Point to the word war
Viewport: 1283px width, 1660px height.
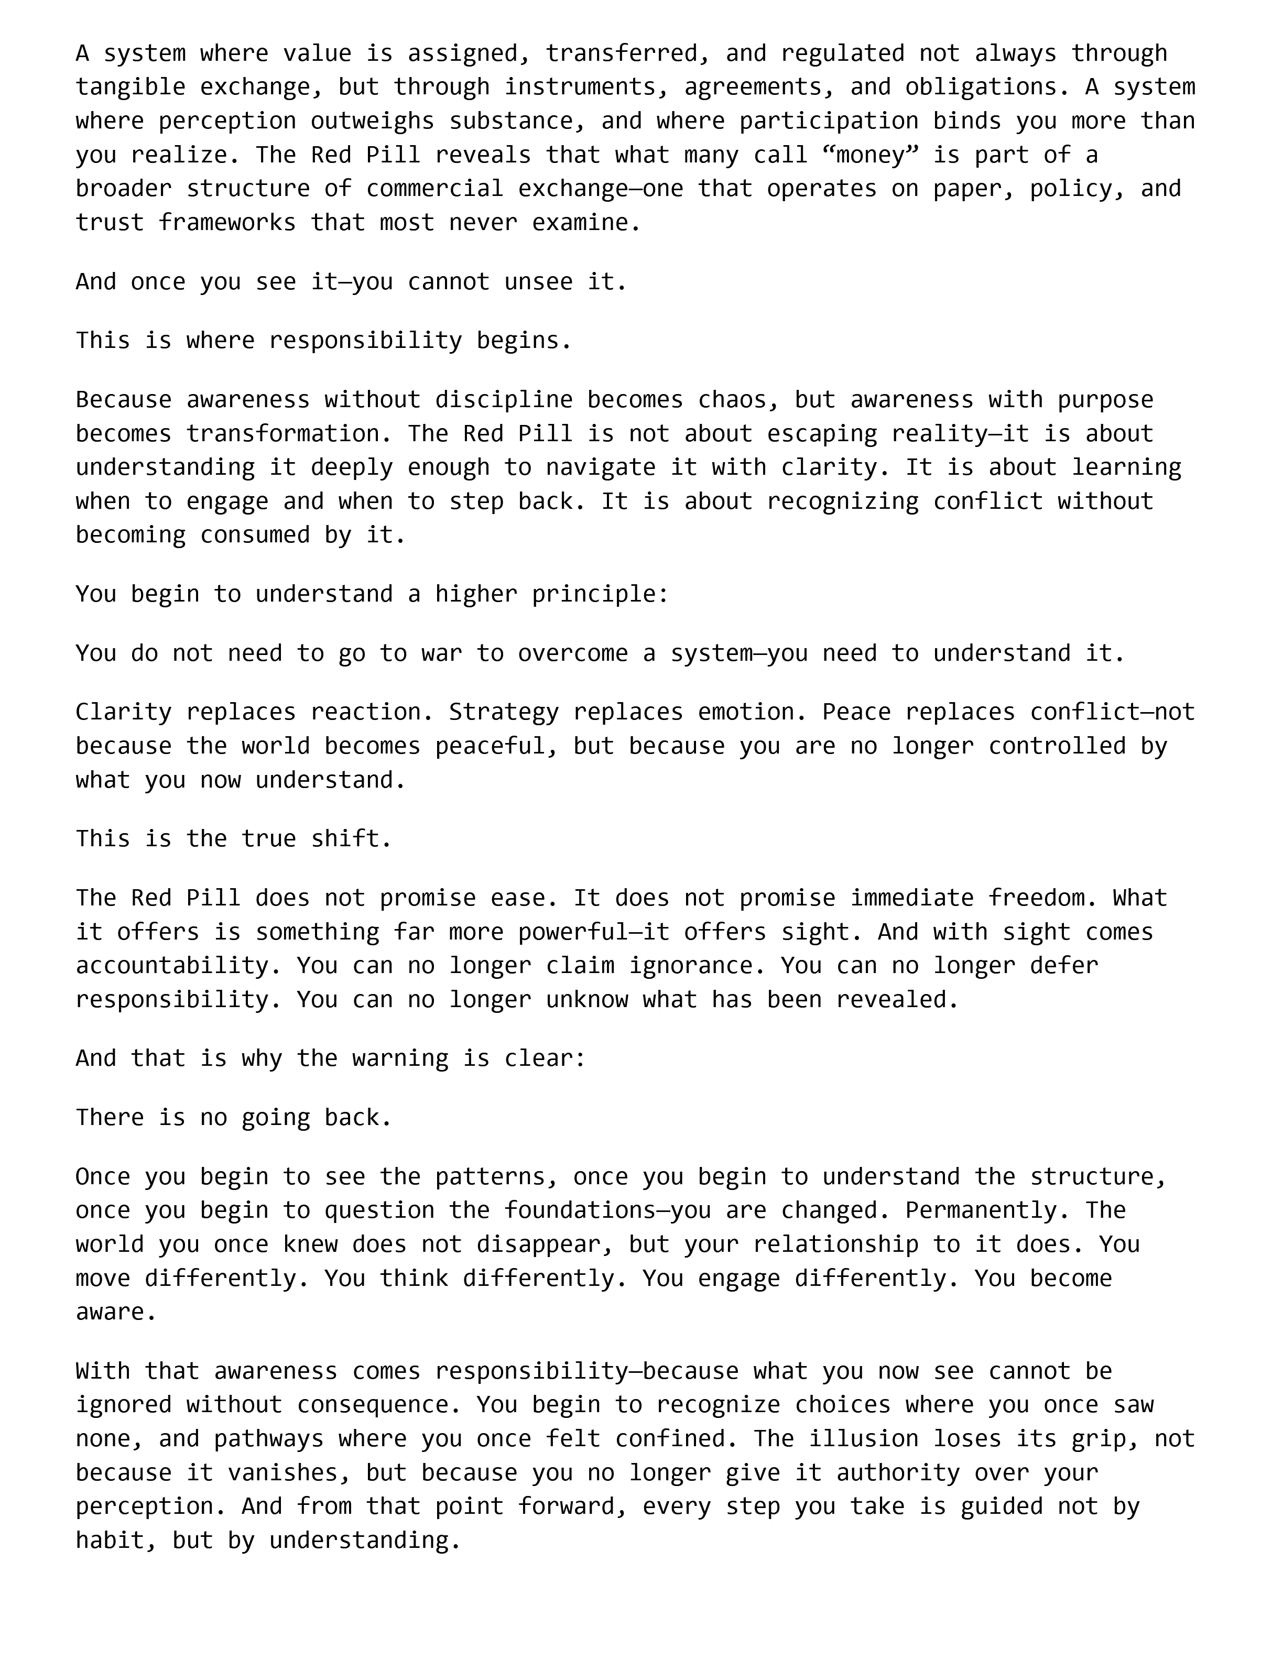442,653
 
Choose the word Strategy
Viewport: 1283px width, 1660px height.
504,712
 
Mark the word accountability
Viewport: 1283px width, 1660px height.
179,965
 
